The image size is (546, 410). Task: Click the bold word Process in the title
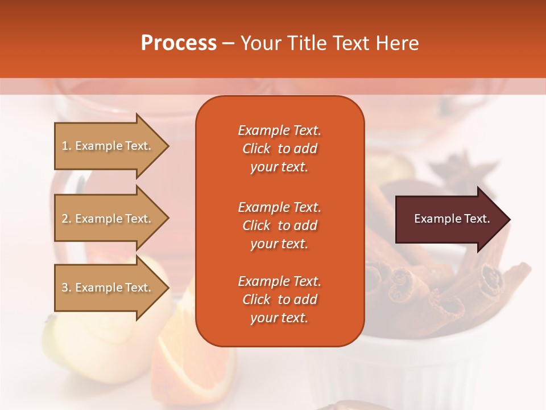[x=179, y=43]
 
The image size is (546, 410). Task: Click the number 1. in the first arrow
[x=67, y=146]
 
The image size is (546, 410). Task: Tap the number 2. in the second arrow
[x=67, y=219]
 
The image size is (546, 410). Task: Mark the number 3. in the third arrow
[x=67, y=288]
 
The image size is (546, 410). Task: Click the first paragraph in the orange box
[x=279, y=149]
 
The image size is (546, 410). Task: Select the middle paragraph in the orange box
[x=279, y=225]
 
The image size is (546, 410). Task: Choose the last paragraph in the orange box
[x=279, y=300]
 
